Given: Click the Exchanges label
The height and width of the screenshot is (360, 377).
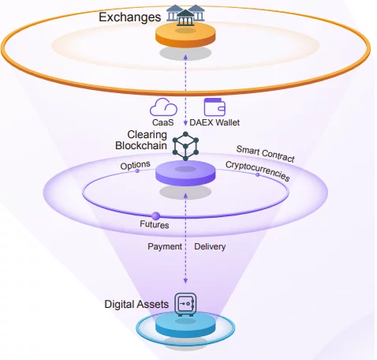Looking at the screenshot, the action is tap(129, 17).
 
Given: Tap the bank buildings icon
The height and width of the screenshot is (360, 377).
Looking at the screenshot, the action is tap(185, 15).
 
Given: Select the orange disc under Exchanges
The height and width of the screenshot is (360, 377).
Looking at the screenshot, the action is tap(185, 36).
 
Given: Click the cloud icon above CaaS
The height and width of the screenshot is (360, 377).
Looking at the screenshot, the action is tap(163, 107).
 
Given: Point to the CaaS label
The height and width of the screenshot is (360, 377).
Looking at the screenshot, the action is tap(163, 122).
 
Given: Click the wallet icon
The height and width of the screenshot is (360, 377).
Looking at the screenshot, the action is tap(215, 107).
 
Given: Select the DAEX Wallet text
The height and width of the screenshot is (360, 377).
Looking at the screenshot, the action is tap(215, 122).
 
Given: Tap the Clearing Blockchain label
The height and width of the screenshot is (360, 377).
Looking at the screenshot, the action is tap(141, 140).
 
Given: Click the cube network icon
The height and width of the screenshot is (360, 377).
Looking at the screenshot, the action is tap(185, 146).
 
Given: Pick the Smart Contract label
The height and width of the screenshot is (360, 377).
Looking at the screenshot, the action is tap(265, 154).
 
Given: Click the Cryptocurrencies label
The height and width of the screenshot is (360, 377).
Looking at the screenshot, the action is tap(258, 171).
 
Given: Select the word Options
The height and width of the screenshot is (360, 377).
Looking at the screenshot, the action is tap(135, 165).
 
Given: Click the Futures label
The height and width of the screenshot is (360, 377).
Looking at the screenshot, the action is tap(155, 224).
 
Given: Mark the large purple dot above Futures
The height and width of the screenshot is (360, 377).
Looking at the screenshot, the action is tap(155, 216).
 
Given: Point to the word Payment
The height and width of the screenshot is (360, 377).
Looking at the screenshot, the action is tap(165, 246).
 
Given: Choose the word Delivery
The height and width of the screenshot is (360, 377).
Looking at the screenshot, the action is tap(210, 246).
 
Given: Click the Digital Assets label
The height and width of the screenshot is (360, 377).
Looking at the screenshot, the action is tap(136, 304).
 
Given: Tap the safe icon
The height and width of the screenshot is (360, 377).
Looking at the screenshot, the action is tap(185, 305).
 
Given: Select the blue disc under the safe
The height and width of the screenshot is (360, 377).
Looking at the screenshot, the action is tap(185, 327).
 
